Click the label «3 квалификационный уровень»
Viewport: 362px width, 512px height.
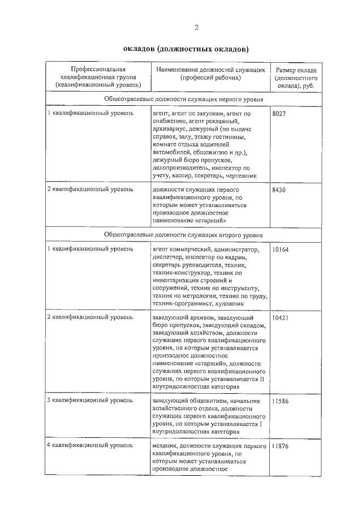(x=90, y=401)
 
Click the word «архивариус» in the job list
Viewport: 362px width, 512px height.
(x=169, y=129)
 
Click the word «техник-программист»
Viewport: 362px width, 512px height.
(x=180, y=303)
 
